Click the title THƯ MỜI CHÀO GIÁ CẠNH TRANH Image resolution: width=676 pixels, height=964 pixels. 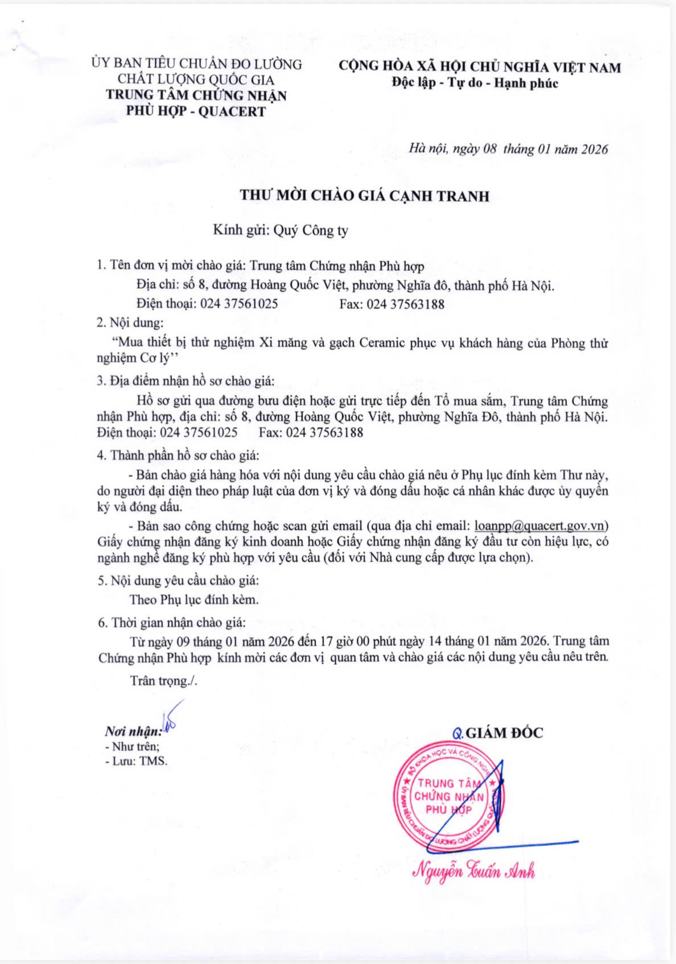(x=364, y=196)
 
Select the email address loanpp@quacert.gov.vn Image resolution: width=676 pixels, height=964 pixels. (x=541, y=525)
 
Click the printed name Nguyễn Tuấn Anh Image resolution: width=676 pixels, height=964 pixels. (x=473, y=871)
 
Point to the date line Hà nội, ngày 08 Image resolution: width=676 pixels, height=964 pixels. (x=454, y=149)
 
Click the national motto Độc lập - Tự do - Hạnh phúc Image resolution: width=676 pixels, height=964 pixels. (x=475, y=83)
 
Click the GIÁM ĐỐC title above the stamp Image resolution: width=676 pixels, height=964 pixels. (x=504, y=733)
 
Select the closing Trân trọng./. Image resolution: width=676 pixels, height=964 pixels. (x=163, y=680)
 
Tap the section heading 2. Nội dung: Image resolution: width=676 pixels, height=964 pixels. (x=130, y=322)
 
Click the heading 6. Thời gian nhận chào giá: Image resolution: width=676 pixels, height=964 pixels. (x=171, y=622)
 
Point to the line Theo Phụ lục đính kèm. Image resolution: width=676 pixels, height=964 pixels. (x=193, y=599)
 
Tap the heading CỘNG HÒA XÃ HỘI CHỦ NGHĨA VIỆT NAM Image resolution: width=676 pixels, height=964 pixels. (x=480, y=67)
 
